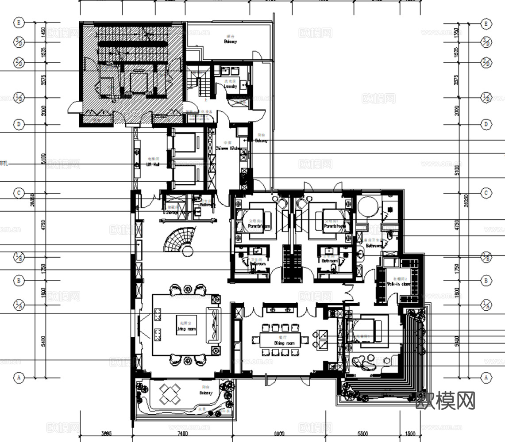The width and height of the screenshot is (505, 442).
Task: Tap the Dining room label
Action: pyautogui.click(x=284, y=343)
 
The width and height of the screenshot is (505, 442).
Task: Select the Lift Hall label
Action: pyautogui.click(x=153, y=164)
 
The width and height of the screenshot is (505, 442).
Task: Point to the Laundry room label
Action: pyautogui.click(x=230, y=86)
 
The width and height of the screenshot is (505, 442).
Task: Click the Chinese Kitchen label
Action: pyautogui.click(x=228, y=149)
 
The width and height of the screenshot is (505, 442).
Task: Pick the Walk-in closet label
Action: pyautogui.click(x=398, y=284)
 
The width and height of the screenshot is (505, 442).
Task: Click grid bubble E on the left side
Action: pyautogui.click(x=19, y=23)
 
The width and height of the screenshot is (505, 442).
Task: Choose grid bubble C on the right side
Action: pyautogui.click(x=486, y=193)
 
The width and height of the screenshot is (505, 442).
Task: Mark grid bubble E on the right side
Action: pyautogui.click(x=486, y=23)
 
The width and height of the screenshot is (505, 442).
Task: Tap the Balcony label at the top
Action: pyautogui.click(x=230, y=41)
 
